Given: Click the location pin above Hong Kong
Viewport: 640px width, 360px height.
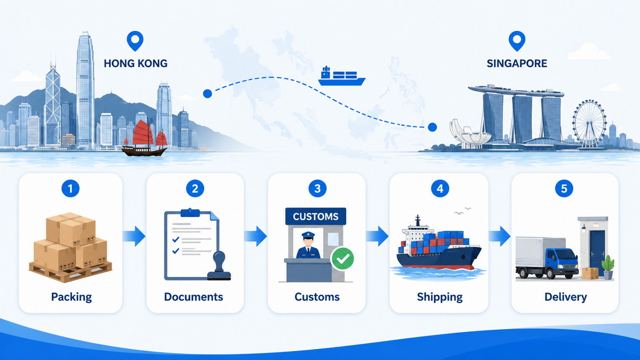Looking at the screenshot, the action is click(x=135, y=41).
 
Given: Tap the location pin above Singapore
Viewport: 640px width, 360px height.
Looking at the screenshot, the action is click(x=517, y=41).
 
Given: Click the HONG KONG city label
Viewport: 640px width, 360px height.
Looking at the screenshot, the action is click(x=135, y=63).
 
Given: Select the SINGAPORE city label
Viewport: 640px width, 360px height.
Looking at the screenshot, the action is click(x=517, y=63).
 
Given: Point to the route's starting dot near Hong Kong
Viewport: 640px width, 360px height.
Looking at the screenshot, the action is click(x=207, y=93).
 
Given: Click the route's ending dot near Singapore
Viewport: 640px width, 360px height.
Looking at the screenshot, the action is click(x=433, y=127).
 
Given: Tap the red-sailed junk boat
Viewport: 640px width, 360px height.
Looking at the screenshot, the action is click(x=145, y=139).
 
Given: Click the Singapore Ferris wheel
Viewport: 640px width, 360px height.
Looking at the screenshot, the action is click(x=589, y=123).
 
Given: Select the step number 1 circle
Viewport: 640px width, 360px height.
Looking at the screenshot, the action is click(x=70, y=188).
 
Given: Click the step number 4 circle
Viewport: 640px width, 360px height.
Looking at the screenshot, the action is click(x=440, y=188).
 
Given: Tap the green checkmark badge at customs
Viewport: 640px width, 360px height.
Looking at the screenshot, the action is click(x=342, y=259).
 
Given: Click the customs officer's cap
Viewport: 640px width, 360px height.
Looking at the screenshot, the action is click(x=308, y=235).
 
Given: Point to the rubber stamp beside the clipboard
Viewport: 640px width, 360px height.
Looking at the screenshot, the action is click(x=219, y=266).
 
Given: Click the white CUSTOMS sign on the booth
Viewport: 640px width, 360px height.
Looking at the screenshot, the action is click(x=316, y=217).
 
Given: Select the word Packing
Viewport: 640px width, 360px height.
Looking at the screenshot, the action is click(x=71, y=297).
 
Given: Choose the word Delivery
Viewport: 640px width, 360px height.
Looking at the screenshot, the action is click(x=565, y=297).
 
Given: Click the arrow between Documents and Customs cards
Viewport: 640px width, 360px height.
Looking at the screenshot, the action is click(x=255, y=236).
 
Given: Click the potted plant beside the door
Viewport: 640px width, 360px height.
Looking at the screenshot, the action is click(x=608, y=267).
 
